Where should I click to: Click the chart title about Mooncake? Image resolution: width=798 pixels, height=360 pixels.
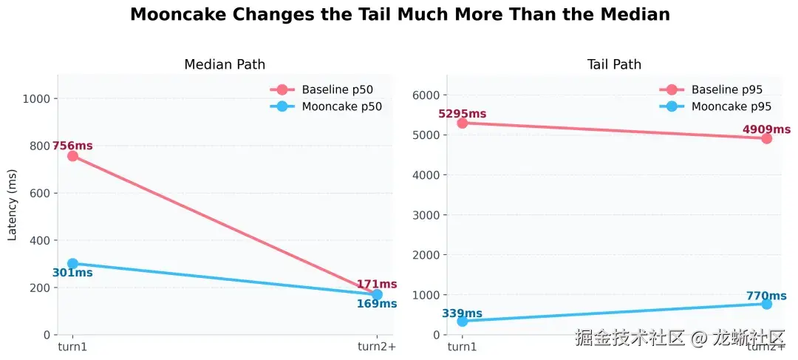(400, 15)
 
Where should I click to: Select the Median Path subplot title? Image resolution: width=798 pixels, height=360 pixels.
(225, 64)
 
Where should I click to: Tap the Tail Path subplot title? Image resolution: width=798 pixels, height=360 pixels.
(614, 64)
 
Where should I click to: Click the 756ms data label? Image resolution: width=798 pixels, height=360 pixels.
(72, 146)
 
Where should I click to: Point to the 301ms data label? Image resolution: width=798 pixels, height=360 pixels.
(72, 273)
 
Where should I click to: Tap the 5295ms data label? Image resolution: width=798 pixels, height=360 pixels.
(463, 114)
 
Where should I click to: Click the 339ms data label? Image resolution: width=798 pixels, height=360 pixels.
(462, 313)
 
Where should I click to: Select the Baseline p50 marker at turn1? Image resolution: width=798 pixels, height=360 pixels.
(72, 156)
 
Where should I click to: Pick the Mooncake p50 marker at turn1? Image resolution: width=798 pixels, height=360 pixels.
(72, 263)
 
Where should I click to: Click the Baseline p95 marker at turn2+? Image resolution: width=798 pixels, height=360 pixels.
(766, 138)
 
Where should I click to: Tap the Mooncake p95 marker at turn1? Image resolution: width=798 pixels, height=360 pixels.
(463, 321)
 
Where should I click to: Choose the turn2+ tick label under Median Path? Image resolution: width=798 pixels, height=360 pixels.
(377, 347)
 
